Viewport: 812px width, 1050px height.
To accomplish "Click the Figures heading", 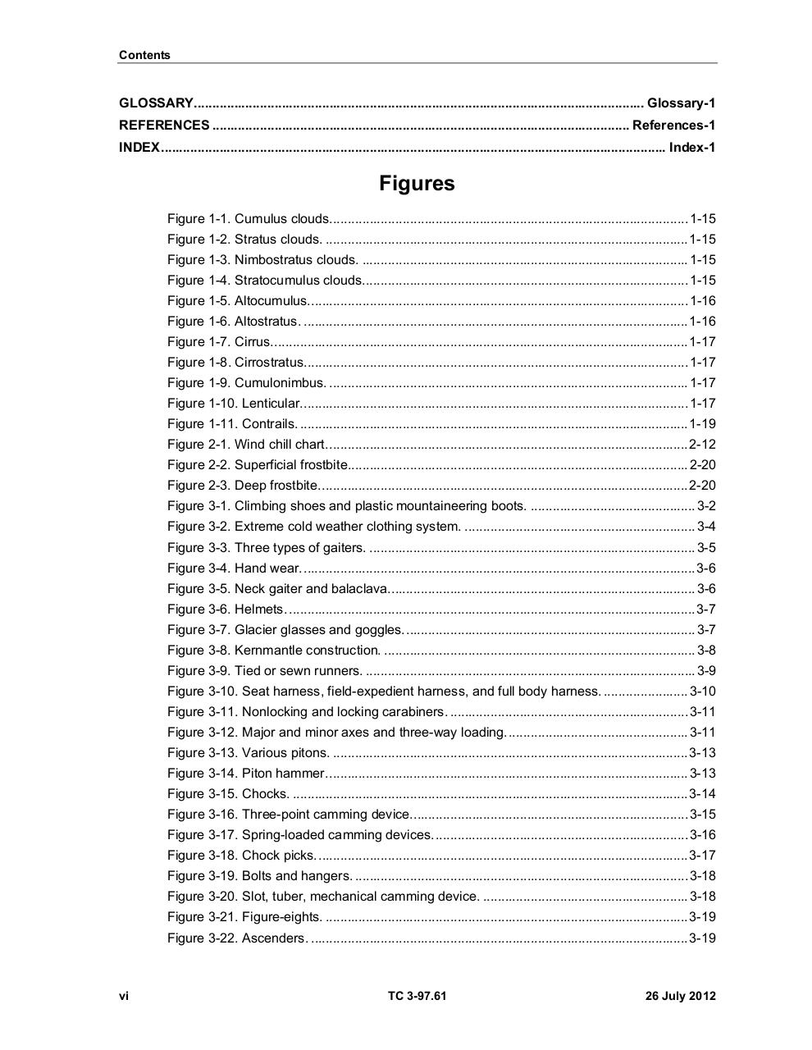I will (417, 184).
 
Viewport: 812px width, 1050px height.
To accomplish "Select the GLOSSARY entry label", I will (156, 103).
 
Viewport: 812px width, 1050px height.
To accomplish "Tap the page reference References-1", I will (673, 126).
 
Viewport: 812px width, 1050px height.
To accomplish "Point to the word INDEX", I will (139, 148).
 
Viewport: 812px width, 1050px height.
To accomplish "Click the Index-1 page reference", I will (692, 148).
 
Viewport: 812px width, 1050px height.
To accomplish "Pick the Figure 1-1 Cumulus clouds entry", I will (249, 219).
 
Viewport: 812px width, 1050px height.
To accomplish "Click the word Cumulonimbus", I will (280, 383).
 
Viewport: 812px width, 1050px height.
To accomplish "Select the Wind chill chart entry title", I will (280, 445).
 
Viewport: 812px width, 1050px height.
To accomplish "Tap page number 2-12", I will (702, 445).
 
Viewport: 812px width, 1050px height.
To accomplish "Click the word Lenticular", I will (271, 404).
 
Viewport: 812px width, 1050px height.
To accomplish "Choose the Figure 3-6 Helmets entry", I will (225, 609).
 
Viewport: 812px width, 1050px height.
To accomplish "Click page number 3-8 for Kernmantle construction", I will (706, 651).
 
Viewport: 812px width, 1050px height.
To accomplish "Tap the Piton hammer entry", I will (246, 774).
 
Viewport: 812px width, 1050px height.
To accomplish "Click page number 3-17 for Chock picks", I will (702, 856).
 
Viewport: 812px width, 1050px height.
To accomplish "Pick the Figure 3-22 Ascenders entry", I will (236, 938).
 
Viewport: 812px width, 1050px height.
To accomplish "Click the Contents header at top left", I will (144, 56).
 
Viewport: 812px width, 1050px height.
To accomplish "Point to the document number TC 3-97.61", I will (417, 997).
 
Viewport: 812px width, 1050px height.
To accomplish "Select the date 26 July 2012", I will (680, 997).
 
